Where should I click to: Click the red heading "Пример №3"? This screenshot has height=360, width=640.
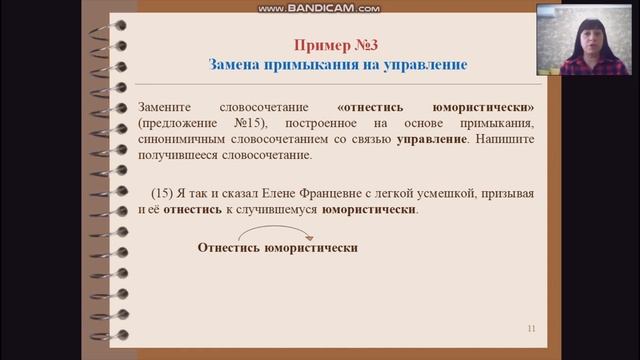336,44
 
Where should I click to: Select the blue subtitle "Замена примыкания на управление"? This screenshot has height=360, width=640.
338,64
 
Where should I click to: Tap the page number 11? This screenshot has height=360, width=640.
531,328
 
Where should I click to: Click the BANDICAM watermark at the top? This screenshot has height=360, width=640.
319,7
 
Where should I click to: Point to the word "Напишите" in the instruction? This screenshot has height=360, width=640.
505,138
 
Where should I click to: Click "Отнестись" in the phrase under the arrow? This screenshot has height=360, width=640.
227,248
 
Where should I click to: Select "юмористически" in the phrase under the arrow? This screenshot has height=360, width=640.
310,248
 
